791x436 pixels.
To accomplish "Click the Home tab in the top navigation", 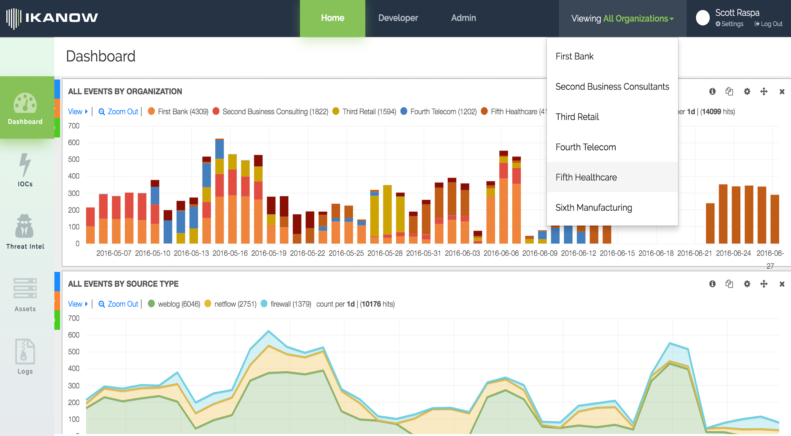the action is point(333,18).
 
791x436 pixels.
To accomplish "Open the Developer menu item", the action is point(398,18).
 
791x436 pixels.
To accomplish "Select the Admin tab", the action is point(463,18).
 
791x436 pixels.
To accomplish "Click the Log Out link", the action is point(768,24).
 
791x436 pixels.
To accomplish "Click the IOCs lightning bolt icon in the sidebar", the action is point(25,165).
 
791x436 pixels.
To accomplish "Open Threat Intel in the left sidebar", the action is point(25,232).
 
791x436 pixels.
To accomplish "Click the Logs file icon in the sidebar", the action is point(25,352).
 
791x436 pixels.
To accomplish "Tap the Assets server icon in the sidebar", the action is point(25,288).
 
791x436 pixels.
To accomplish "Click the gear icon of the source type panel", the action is point(747,284).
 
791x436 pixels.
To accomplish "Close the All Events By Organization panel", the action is point(782,91).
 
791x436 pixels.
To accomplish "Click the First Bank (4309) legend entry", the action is point(178,112).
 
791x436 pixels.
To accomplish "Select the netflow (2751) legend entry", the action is point(230,304).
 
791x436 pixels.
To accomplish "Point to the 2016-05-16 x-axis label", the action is point(230,253).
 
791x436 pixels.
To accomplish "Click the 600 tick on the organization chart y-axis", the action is point(74,143).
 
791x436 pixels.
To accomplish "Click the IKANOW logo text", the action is point(61,18).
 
